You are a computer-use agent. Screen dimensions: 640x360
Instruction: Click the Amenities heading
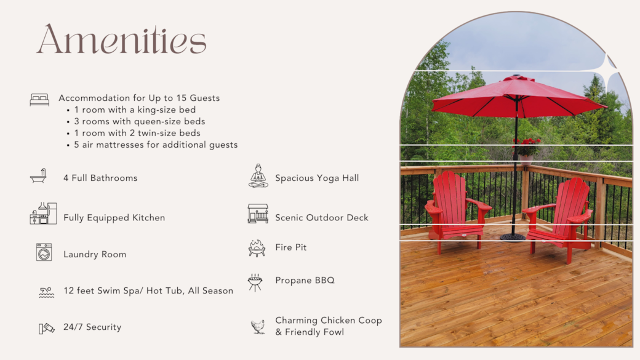(122, 39)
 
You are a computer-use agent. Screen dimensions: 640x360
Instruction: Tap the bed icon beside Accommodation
(39, 100)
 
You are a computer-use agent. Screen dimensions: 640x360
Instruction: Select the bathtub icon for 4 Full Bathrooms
(38, 176)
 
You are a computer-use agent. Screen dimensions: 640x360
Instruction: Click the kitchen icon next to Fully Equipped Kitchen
(43, 213)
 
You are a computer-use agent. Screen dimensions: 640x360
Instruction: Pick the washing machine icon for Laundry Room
(44, 252)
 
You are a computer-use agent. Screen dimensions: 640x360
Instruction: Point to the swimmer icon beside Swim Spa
(47, 292)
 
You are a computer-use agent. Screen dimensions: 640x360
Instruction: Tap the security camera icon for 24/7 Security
(47, 328)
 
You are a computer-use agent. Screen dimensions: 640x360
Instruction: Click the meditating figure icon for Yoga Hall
(258, 176)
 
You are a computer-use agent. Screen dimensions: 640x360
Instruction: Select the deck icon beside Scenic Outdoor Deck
(258, 214)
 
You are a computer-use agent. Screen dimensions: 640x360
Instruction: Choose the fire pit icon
(257, 248)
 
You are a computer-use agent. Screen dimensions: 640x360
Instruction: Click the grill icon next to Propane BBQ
(255, 282)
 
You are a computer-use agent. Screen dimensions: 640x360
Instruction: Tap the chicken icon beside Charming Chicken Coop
(258, 327)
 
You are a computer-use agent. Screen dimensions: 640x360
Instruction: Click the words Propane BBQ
(305, 281)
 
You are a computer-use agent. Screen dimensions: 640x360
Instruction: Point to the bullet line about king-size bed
(132, 110)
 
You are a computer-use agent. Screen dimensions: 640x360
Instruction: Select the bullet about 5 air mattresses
(152, 145)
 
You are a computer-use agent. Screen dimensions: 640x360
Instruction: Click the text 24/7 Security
(92, 327)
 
